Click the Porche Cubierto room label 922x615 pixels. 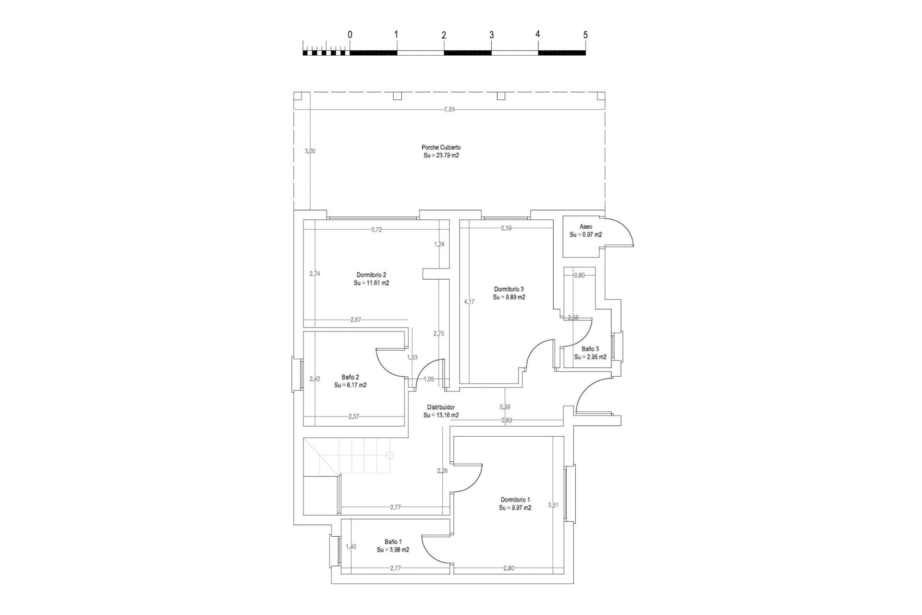point(441,148)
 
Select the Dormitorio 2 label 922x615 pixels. point(371,275)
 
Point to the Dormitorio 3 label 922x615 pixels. point(509,289)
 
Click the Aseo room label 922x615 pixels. point(585,226)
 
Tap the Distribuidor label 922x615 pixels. point(441,407)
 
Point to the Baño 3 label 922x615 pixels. point(590,349)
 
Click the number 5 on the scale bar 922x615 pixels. point(585,35)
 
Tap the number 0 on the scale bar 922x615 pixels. point(350,35)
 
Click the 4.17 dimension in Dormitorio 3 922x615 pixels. point(469,302)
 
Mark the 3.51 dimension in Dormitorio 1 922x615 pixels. point(553,505)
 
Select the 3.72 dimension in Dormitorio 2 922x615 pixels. point(376,230)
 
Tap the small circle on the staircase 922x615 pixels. point(390,455)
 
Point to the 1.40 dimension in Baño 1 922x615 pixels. point(351,546)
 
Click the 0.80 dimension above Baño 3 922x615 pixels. point(580,275)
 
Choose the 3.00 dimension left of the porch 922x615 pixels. point(310,151)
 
